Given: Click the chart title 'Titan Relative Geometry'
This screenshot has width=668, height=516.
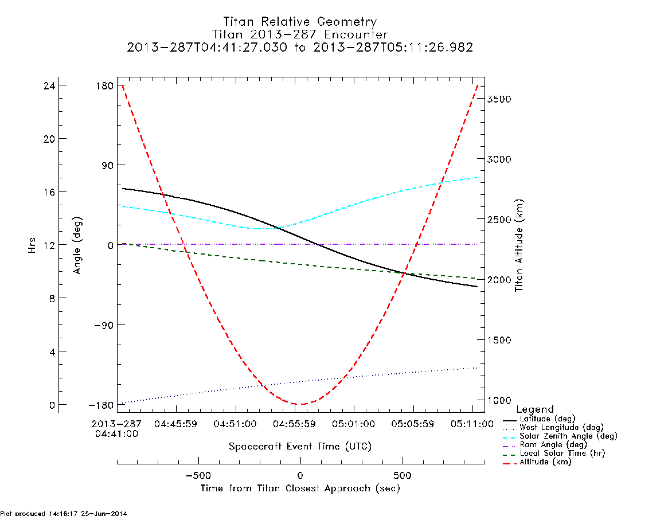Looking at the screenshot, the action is click(300, 21).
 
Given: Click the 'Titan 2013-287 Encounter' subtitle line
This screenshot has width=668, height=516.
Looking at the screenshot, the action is click(300, 34).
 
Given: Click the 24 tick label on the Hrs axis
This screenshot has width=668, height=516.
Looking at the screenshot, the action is click(49, 85).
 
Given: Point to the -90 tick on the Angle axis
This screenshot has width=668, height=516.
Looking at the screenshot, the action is click(104, 325).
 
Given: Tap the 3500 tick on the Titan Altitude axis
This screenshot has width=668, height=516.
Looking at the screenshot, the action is click(499, 99).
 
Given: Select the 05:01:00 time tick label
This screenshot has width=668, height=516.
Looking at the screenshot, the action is click(354, 424).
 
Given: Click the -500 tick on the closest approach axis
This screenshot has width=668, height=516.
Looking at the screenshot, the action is click(198, 475).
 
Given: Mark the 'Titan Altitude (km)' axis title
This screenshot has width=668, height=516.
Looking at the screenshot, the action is click(519, 246).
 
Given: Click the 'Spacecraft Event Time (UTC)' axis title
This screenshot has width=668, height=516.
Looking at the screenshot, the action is click(300, 447).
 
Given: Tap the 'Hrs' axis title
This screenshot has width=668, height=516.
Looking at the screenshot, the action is click(32, 245).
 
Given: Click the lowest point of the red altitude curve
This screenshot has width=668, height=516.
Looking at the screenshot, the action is click(301, 404).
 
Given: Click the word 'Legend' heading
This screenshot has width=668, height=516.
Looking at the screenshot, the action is click(535, 409).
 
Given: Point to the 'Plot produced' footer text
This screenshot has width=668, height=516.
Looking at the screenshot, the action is click(64, 513).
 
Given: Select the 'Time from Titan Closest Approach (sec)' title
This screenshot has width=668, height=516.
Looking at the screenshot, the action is click(300, 488).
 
